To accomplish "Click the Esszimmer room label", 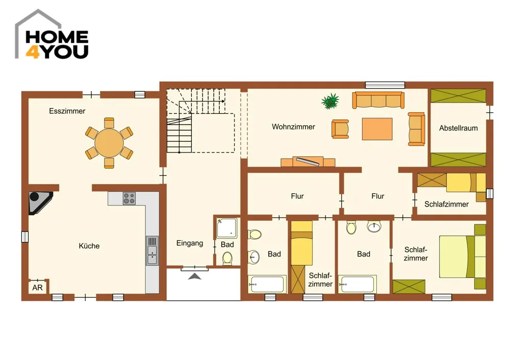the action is (x=67, y=111).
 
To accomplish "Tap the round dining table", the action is (x=109, y=143).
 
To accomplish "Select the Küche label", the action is (x=89, y=246).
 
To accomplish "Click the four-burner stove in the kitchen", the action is (x=129, y=198).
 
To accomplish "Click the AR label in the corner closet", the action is (x=37, y=288).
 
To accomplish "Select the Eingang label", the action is (x=190, y=243).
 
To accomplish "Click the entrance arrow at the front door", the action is (x=194, y=276).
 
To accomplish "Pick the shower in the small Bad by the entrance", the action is (x=227, y=228).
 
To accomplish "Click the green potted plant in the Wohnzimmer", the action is (x=330, y=101).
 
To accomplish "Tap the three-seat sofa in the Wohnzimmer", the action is (x=378, y=100).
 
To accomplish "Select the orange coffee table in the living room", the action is (x=377, y=129).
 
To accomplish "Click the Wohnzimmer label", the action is (x=293, y=127).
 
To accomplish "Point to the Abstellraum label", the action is (x=458, y=128).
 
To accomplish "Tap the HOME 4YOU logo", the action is (x=52, y=35).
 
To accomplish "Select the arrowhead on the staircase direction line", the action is (x=223, y=101).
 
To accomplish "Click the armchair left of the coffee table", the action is (x=340, y=129).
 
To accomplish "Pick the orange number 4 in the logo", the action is (x=33, y=52).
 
